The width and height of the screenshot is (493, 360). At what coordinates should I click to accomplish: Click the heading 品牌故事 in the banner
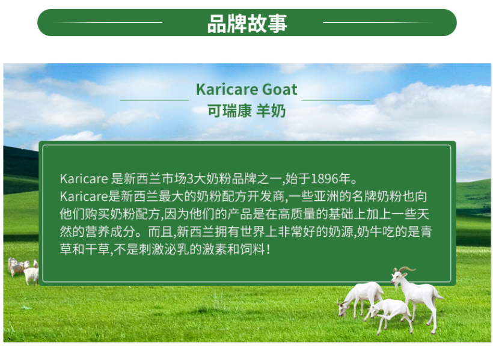coord(247,23)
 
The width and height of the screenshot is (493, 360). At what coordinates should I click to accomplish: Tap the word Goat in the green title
coord(280,90)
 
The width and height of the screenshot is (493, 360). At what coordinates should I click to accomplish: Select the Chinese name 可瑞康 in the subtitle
coord(230,111)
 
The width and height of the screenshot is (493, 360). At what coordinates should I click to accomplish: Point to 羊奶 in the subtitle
coord(271,111)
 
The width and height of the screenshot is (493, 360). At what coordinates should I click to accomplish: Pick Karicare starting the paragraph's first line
coord(84,178)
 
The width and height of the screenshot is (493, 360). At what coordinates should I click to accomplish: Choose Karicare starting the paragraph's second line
coord(84,197)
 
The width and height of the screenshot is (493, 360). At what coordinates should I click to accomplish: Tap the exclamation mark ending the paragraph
coord(268,250)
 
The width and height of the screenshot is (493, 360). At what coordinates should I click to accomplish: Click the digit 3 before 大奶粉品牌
coord(190,178)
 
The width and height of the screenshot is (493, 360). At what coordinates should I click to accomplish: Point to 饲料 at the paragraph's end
coord(252,249)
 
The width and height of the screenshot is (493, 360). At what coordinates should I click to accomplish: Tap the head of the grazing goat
coord(342,308)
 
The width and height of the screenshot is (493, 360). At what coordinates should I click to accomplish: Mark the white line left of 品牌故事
coord(108,23)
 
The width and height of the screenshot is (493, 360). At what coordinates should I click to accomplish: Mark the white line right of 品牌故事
coord(378,23)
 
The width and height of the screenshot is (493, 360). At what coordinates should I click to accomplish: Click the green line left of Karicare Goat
coord(155,100)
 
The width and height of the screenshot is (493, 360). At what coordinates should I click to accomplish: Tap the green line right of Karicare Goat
coord(335,100)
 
